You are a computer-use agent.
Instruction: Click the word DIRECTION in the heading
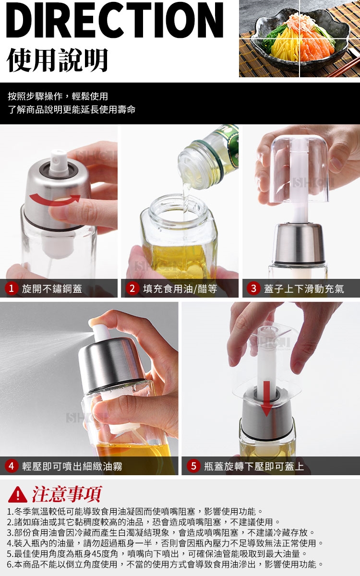tap(115, 20)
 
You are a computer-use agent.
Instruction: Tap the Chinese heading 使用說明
tap(57, 60)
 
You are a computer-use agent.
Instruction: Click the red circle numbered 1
tap(12, 288)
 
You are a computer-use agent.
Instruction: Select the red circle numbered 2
tap(132, 288)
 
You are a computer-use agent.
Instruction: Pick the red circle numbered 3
tap(253, 288)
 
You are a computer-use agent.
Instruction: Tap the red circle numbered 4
tap(12, 466)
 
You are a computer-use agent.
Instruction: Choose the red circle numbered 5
tap(193, 466)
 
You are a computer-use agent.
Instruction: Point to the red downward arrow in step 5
tap(267, 398)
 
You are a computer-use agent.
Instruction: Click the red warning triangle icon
tap(17, 494)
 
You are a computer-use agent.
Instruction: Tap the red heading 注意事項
tap(67, 494)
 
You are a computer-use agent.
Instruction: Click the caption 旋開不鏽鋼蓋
tap(52, 288)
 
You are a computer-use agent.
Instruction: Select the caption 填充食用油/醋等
tap(180, 288)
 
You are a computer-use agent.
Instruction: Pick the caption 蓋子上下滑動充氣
tap(304, 288)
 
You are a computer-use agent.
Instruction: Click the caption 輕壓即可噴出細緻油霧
tap(72, 466)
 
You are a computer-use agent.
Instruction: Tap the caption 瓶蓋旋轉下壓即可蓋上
tap(254, 466)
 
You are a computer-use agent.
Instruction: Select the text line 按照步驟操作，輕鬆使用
tap(58, 96)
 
